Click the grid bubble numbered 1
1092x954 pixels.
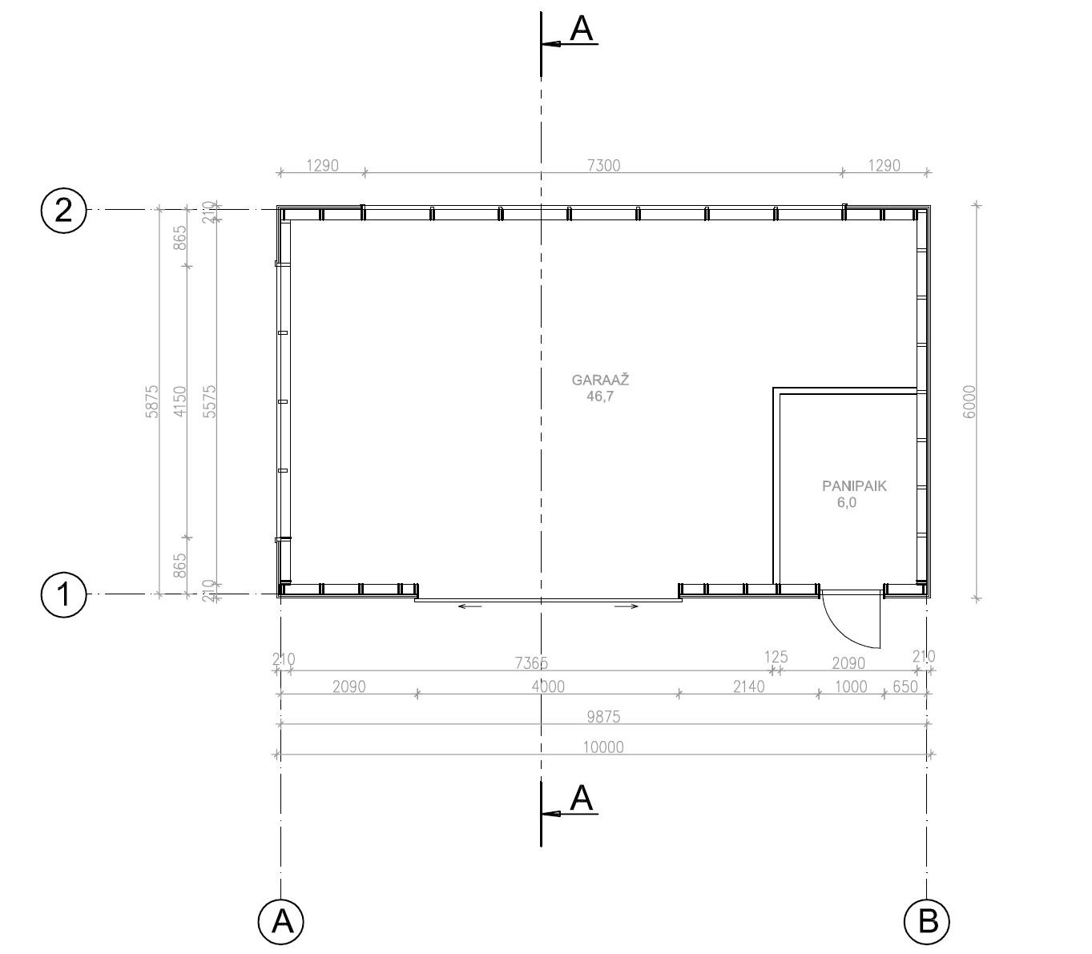[x=63, y=594]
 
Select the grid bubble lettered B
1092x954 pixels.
[x=926, y=921]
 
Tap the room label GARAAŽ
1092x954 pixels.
[x=600, y=380]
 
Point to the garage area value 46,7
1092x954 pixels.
[x=600, y=396]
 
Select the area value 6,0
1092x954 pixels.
[x=847, y=502]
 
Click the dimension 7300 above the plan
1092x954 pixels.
[x=603, y=165]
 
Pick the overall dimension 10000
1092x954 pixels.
[x=603, y=747]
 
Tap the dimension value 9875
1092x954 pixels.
[x=603, y=717]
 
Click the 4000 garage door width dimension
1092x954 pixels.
[x=548, y=686]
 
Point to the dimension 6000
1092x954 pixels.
[x=969, y=402]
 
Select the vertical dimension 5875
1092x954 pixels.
[x=152, y=402]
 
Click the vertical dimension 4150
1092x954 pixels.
[x=180, y=402]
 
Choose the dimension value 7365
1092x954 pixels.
[x=532, y=663]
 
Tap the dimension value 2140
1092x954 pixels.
[x=749, y=686]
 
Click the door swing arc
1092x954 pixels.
[x=842, y=630]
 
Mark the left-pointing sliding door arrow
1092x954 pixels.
[x=469, y=606]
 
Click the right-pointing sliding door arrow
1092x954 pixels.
[x=626, y=606]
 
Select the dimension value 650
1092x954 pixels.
[x=905, y=686]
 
